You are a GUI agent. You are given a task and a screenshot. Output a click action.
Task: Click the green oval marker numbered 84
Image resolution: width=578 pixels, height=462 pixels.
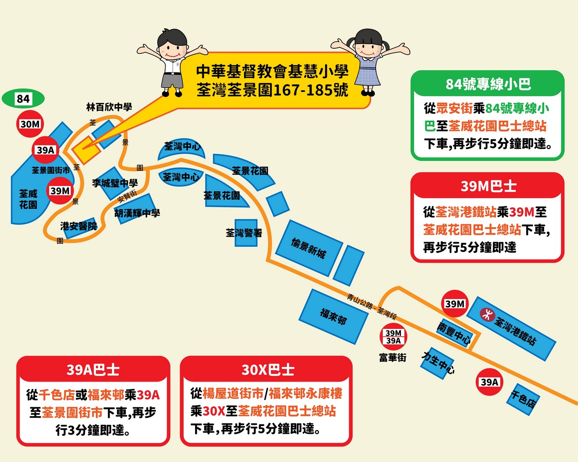[x=23, y=99]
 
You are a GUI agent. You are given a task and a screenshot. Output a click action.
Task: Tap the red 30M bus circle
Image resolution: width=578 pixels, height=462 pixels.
[x=30, y=124]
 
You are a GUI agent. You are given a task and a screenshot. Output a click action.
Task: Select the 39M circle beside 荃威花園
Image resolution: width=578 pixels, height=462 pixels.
[x=60, y=191]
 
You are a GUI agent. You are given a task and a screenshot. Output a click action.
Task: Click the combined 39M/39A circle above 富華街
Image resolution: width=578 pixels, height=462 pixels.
[x=393, y=337]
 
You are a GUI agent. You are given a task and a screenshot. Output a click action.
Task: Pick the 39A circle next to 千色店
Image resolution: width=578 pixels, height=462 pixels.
[x=489, y=382]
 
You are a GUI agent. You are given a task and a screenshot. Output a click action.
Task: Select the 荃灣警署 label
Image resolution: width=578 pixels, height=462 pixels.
[x=244, y=233]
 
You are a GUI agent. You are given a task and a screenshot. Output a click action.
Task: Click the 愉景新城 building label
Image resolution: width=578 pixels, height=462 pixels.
[x=308, y=248]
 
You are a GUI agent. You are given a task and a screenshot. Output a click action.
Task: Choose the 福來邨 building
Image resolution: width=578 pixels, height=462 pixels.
[x=333, y=316]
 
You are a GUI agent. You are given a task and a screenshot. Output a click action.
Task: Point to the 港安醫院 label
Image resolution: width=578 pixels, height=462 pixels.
[x=79, y=226]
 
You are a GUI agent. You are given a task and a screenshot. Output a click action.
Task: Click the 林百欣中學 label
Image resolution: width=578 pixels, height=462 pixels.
[x=109, y=107]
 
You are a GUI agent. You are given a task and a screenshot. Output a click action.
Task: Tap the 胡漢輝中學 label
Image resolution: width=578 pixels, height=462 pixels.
[x=137, y=213]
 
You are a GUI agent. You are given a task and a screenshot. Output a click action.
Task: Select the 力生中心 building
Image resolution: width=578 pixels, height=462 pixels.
[x=438, y=363]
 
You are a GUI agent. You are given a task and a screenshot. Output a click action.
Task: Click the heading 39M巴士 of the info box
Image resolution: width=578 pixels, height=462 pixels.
[x=488, y=186]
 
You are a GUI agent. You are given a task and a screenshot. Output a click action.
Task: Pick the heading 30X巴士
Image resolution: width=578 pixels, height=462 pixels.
[x=267, y=370]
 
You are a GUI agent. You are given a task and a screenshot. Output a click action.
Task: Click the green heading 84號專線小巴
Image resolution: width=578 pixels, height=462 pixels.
[x=488, y=84]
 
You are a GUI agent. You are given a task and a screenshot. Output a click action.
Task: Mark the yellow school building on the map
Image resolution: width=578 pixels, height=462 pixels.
[x=86, y=150]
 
